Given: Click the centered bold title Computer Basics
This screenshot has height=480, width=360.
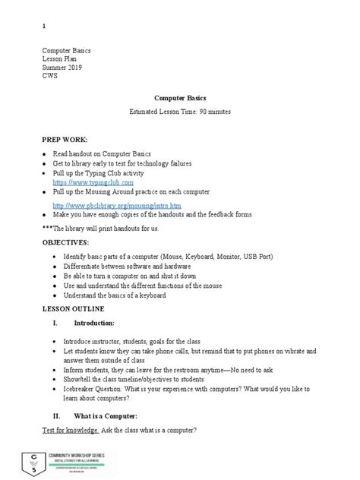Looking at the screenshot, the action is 180,98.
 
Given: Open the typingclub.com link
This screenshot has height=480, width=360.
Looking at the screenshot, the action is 93,183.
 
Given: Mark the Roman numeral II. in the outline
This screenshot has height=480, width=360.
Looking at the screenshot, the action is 54,417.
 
